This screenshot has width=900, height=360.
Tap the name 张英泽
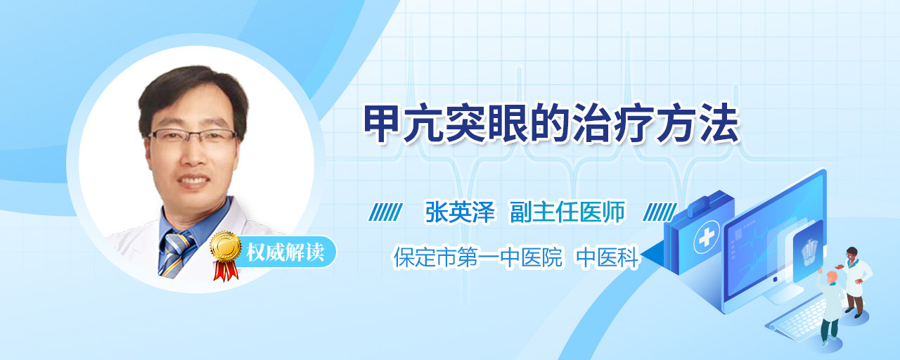coord(460,212)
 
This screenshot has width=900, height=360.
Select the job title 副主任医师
coord(567,212)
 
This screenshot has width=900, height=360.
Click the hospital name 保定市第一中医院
coord(478,257)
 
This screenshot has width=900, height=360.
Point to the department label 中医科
coord(607,257)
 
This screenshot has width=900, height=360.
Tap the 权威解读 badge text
coord(285,252)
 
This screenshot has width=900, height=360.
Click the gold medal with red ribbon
coord(226,255)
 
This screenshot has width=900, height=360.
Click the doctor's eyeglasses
coord(192,136)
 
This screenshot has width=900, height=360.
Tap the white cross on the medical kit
coord(707,238)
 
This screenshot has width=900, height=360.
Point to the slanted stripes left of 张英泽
coord(386,212)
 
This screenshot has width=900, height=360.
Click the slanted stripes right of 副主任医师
coord(660,212)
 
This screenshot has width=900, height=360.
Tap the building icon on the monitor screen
coord(809,252)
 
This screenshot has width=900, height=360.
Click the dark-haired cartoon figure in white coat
coord(854,281)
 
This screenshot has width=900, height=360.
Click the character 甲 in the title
coord(382,124)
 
